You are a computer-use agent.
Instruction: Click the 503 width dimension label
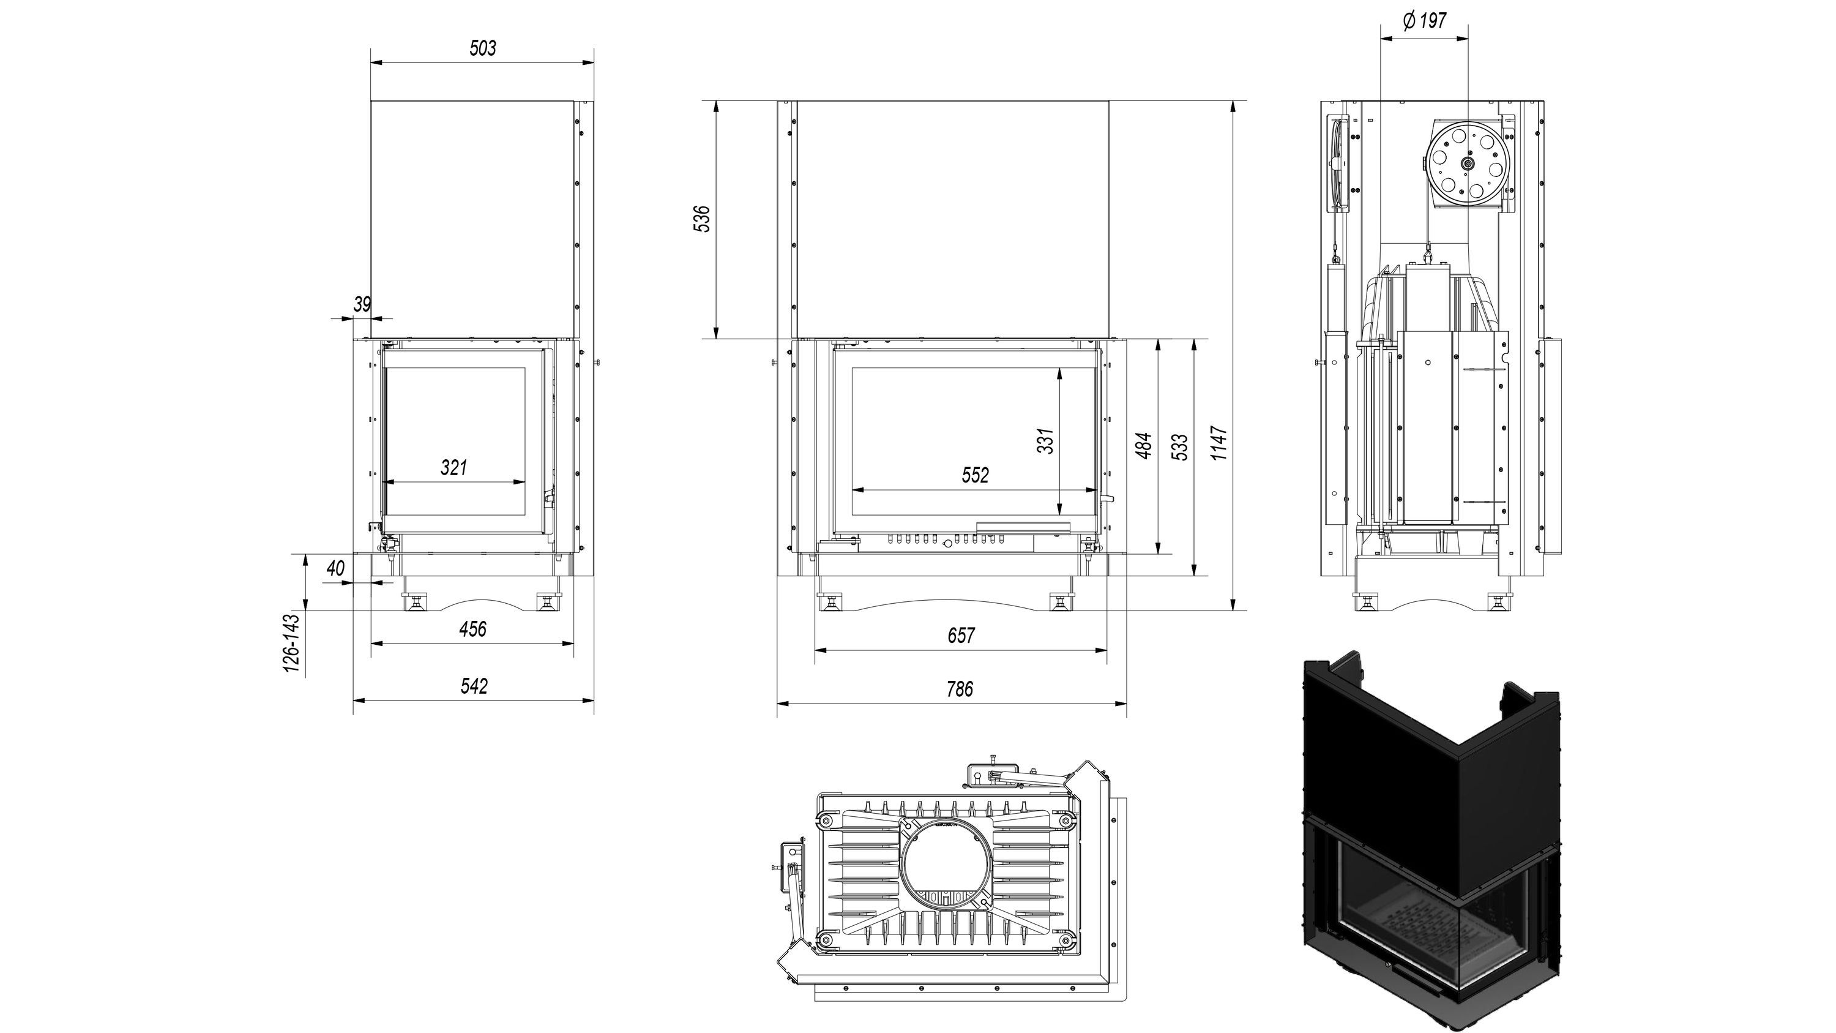click(482, 48)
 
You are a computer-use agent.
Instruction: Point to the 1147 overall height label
click(1220, 443)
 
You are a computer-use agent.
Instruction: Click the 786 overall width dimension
click(960, 689)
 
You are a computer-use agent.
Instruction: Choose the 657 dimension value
click(961, 634)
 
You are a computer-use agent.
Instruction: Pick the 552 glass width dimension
click(975, 475)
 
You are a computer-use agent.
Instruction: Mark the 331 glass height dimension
click(1045, 441)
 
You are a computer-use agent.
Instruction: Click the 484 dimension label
click(1143, 446)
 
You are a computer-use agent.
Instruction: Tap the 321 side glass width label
click(454, 468)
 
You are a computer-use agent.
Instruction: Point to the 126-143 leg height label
click(291, 643)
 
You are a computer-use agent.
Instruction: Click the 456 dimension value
click(472, 629)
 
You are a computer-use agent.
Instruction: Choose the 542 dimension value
click(474, 686)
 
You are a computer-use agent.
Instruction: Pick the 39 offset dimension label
click(362, 304)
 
